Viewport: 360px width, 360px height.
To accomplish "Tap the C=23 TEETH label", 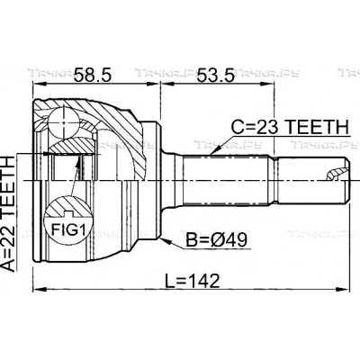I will [x=269, y=128].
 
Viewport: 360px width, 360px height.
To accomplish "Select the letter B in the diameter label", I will [x=190, y=242].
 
